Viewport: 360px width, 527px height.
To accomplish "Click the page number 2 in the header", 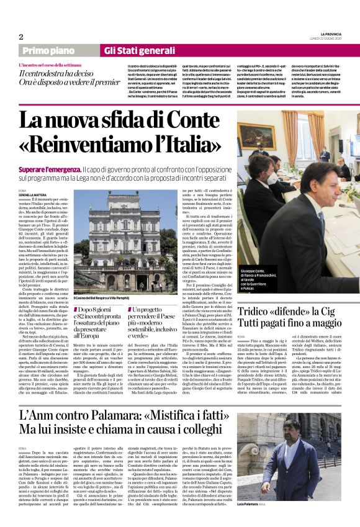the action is tap(21, 36).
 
